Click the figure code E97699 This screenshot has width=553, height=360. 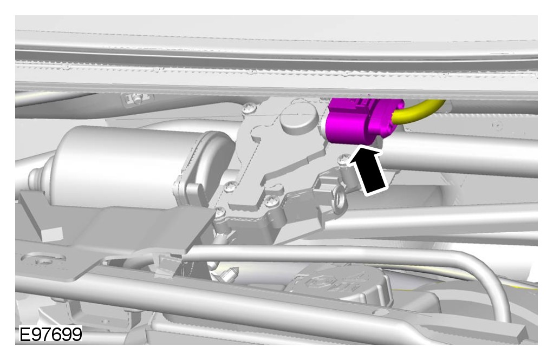coord(50,334)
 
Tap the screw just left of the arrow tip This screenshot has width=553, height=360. coord(341,160)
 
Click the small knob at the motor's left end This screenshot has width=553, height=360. coord(36,178)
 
